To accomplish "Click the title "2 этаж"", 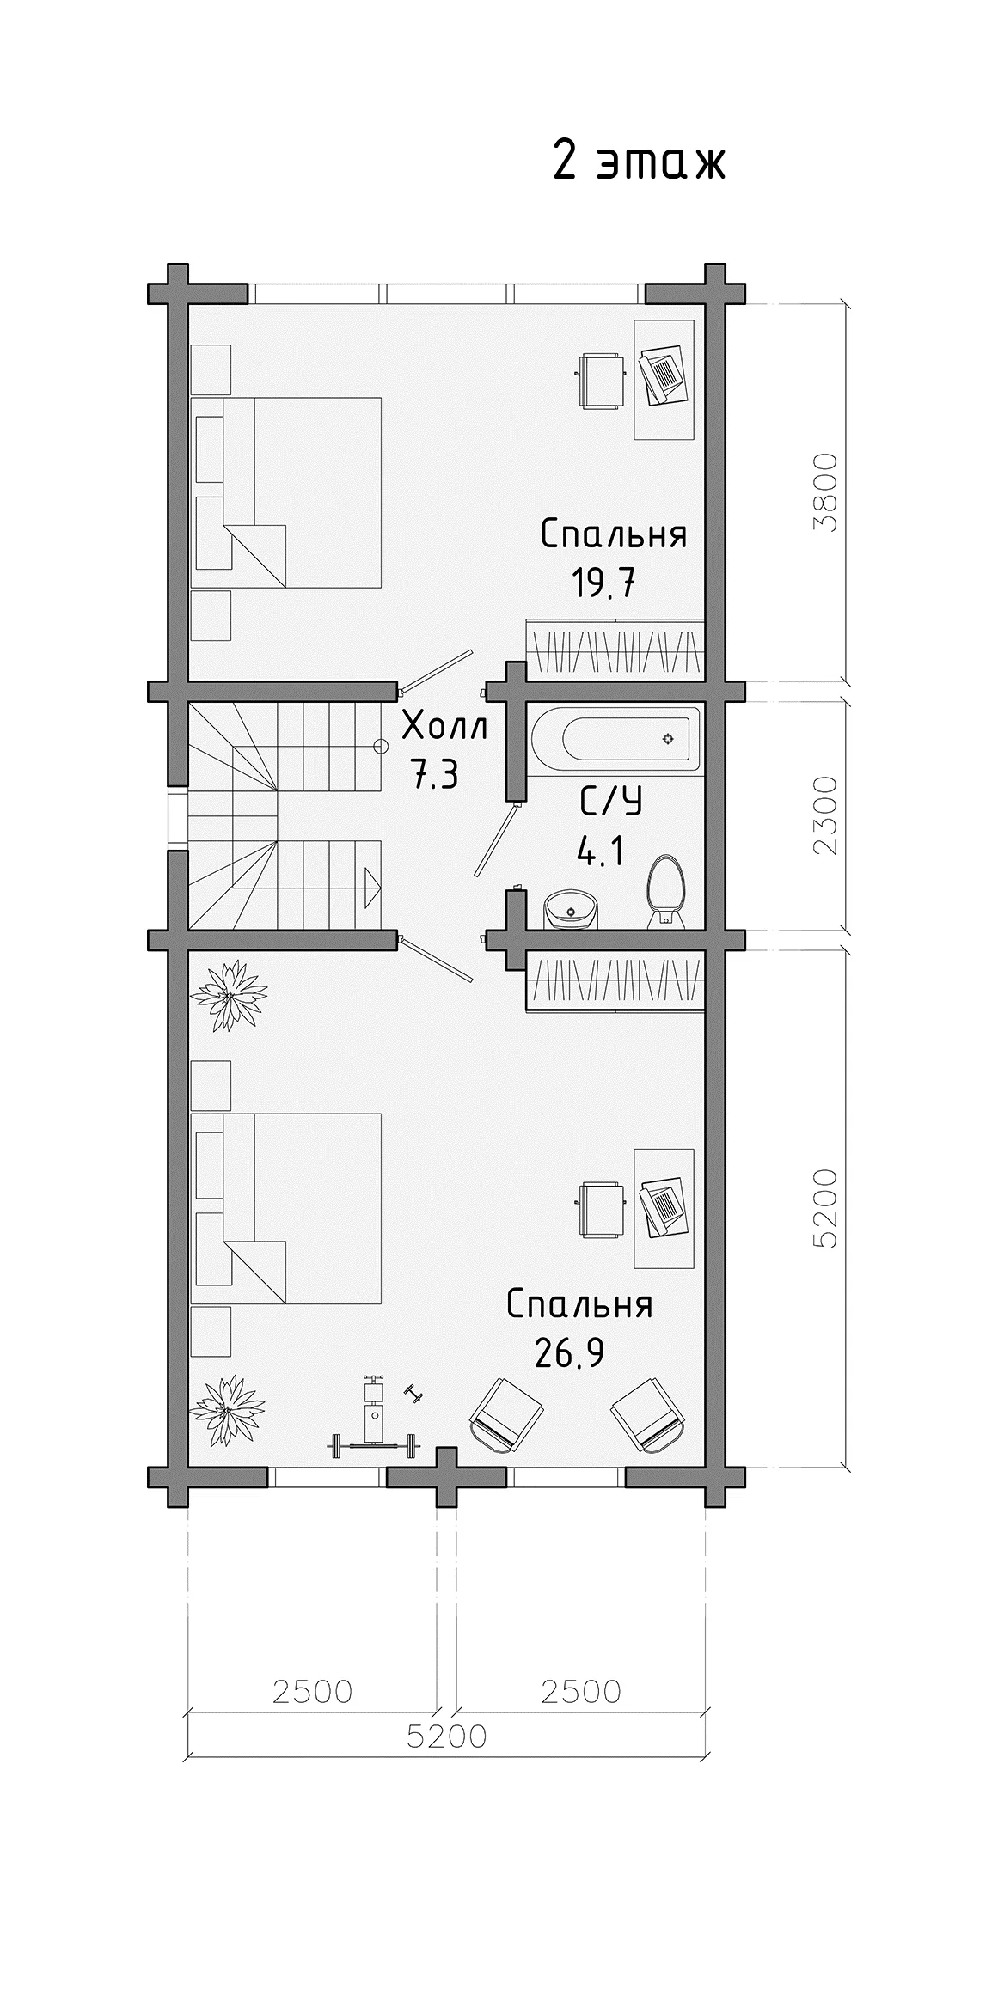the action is pos(639,162).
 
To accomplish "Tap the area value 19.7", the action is pos(604,584).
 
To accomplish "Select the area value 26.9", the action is pos(569,1354).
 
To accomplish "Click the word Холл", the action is pos(445,727).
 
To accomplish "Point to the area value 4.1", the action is pos(600,853).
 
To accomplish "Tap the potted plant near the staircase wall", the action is pos(228,997).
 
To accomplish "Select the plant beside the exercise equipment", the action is pos(227,1412).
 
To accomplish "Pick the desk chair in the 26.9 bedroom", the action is pos(600,1210).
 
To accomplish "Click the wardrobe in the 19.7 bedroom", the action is pos(615,647).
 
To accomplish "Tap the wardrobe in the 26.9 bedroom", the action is pos(615,980).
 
